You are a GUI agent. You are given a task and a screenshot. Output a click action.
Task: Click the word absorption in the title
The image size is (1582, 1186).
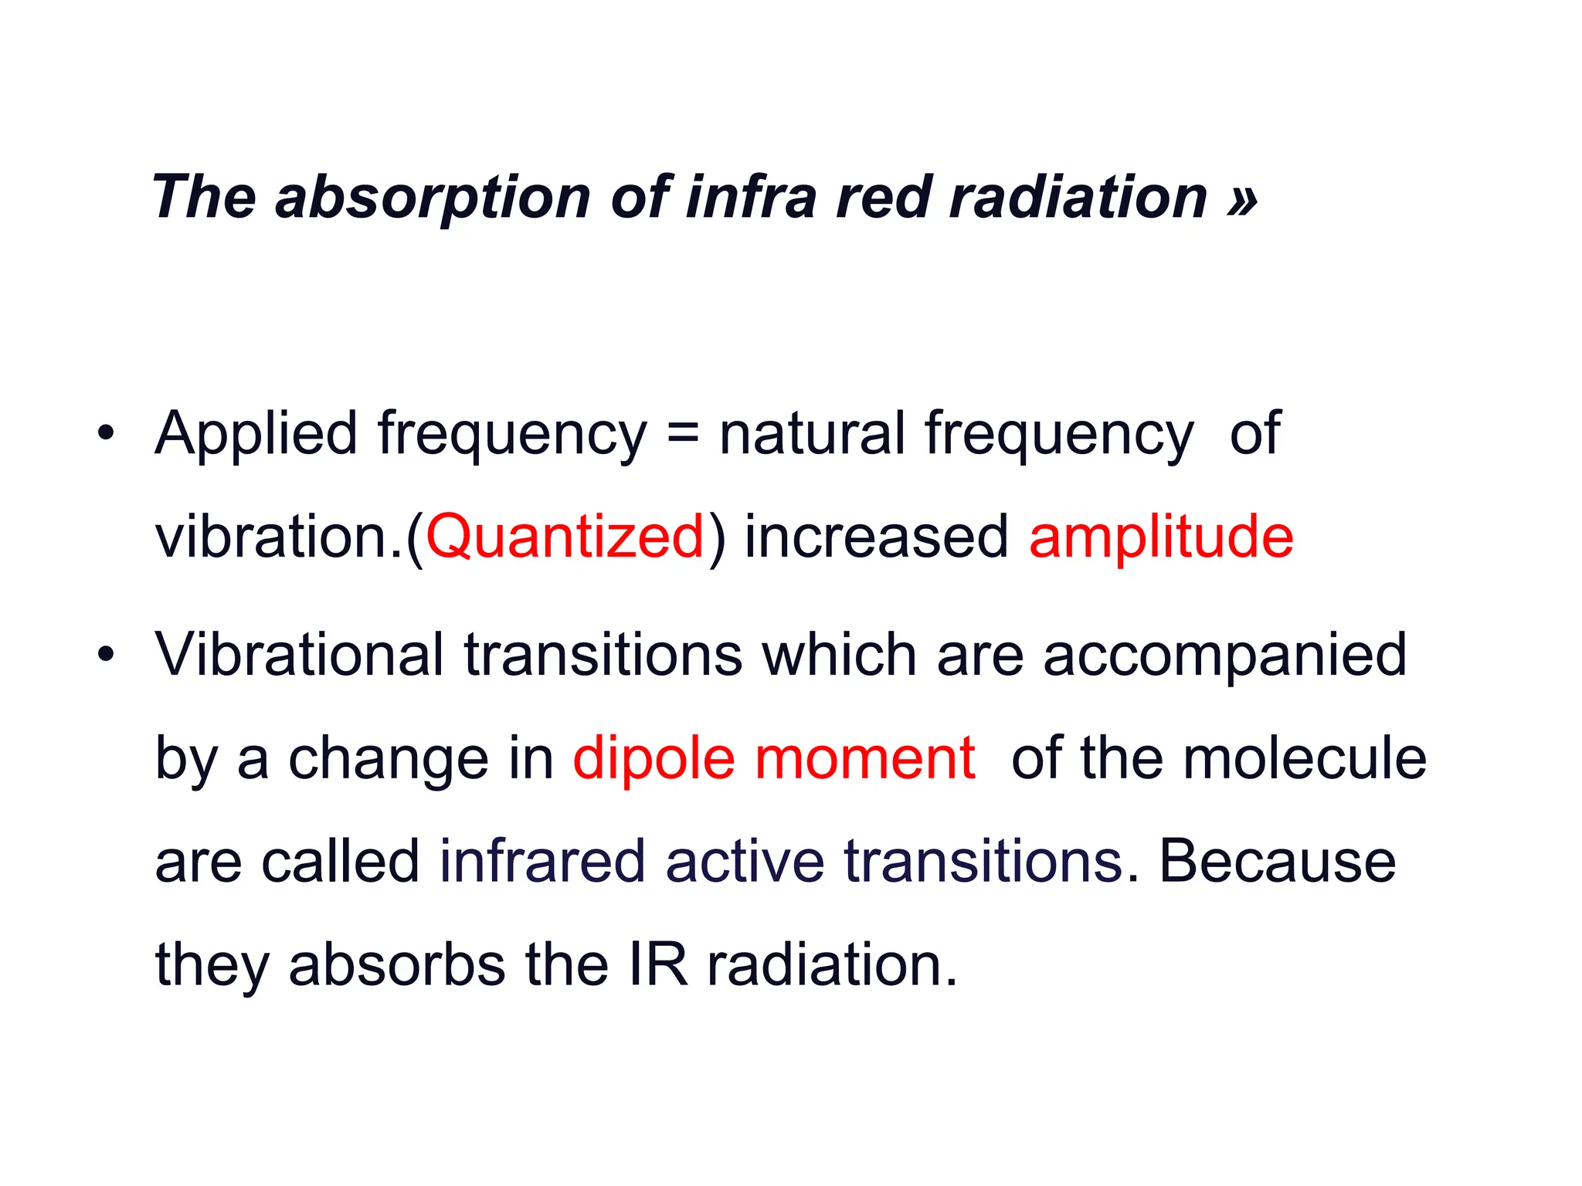click(x=433, y=198)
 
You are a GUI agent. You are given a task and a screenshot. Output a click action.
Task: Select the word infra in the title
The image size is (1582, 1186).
click(x=750, y=197)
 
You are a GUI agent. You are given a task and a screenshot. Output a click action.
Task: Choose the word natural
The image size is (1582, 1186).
click(x=811, y=433)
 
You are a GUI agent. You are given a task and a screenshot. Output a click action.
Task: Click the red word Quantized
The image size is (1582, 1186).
click(x=565, y=537)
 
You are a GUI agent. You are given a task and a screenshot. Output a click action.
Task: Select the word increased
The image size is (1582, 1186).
click(x=876, y=537)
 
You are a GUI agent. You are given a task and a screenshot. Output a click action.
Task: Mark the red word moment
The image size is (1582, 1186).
click(x=864, y=758)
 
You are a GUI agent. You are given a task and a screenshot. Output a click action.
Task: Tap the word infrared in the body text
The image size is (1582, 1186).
click(x=542, y=861)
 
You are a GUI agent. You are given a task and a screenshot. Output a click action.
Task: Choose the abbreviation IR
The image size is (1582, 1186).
click(x=657, y=964)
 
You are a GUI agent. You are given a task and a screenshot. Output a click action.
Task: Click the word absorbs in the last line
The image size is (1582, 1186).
click(x=397, y=964)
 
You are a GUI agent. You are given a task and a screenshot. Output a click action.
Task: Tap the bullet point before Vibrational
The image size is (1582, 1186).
click(x=106, y=656)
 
